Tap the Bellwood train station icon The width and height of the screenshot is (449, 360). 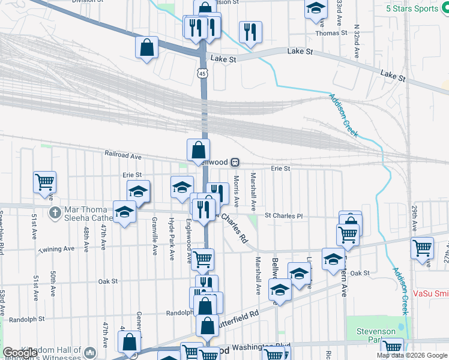click(x=236, y=162)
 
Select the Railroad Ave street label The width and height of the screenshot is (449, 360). click(x=122, y=155)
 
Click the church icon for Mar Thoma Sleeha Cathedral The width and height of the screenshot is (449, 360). click(x=55, y=212)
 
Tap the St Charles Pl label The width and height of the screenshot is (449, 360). click(x=285, y=215)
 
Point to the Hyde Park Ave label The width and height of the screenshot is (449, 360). click(x=172, y=238)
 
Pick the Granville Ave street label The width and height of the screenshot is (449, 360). click(x=155, y=238)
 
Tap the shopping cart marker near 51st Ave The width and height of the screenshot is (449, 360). click(x=44, y=181)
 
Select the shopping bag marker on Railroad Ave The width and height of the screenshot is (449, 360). click(x=198, y=149)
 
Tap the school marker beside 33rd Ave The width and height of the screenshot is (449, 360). click(x=315, y=8)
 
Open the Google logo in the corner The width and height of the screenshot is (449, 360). click(x=20, y=353)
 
